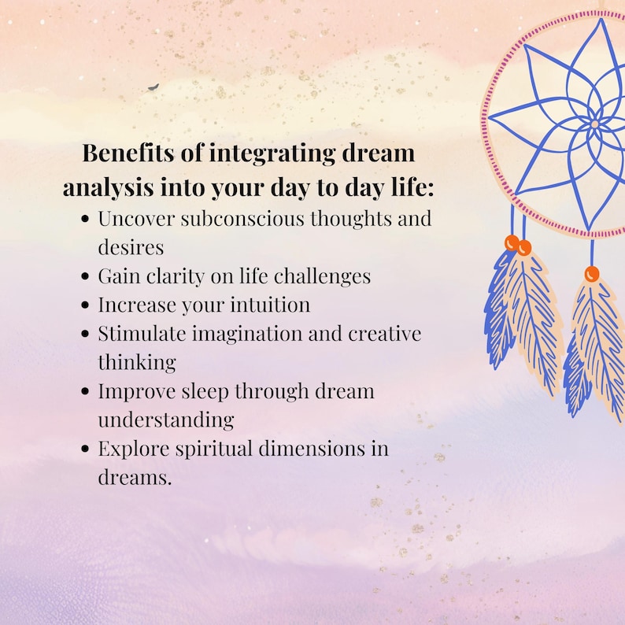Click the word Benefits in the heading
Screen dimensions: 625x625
pyautogui.click(x=120, y=153)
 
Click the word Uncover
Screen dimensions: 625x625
pyautogui.click(x=135, y=218)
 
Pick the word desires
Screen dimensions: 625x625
pyautogui.click(x=131, y=247)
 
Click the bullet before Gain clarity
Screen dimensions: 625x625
pyautogui.click(x=86, y=277)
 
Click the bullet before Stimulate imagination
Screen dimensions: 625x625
pyautogui.click(x=86, y=334)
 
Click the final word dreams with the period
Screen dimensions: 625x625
pyautogui.click(x=134, y=477)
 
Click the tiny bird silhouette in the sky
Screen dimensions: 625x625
pyautogui.click(x=153, y=87)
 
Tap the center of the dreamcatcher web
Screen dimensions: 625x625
pyautogui.click(x=594, y=124)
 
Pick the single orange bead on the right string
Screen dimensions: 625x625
pyautogui.click(x=592, y=274)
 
